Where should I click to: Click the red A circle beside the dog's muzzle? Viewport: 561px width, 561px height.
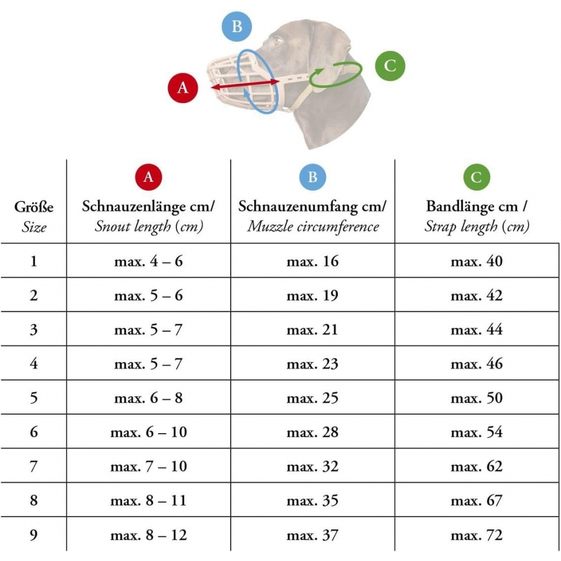coord(183,88)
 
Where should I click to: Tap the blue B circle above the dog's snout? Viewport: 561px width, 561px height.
coord(237,26)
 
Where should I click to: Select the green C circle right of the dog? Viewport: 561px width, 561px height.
coord(390,66)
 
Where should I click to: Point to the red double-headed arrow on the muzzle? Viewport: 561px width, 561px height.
coord(245,85)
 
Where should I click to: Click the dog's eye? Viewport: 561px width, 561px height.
coord(277,40)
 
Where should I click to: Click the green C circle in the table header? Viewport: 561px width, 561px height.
coord(476,177)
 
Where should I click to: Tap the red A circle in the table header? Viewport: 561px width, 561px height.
coord(149,177)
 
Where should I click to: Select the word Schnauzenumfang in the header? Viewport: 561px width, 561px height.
coord(298,207)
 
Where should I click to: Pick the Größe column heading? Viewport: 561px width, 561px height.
coord(34,207)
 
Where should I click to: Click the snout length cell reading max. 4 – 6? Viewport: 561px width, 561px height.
coord(149,261)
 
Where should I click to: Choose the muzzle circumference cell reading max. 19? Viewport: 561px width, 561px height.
coord(312,296)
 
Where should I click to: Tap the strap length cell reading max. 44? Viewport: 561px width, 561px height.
coord(476,329)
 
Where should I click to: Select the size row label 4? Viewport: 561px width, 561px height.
coord(34,364)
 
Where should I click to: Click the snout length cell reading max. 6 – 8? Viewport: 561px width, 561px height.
coord(149,398)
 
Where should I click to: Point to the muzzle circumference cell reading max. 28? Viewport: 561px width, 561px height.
coord(312,432)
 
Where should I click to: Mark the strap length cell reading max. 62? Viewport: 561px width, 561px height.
coord(476,466)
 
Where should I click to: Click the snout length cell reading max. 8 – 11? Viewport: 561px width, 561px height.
coord(149,500)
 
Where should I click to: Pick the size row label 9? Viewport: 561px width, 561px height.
coord(34,535)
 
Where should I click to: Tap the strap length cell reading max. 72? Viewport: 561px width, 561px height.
coord(476,535)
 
